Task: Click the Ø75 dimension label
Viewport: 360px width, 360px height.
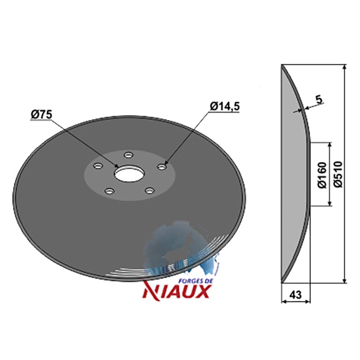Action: pos(41,115)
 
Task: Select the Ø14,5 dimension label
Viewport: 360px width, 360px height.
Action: pos(225,106)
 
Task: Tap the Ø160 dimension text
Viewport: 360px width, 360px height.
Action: pos(322,175)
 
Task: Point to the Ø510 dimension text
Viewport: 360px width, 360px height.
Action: pos(338,174)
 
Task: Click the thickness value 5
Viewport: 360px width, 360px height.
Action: pos(319,99)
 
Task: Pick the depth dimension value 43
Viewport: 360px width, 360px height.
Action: pos(295,295)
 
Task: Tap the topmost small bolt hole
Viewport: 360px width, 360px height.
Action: pos(129,155)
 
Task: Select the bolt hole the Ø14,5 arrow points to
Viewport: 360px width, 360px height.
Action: pos(162,166)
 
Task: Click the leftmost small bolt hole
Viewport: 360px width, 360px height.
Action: pos(98,166)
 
